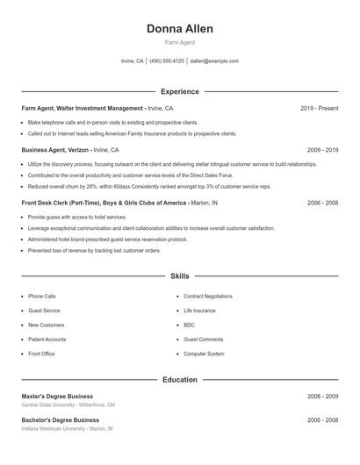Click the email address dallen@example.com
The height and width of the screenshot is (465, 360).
214,61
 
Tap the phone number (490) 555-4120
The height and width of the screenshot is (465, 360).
167,61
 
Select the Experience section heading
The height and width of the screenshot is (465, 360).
180,91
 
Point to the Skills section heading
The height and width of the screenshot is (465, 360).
180,276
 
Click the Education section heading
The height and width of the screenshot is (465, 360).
180,380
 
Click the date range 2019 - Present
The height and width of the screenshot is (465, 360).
319,108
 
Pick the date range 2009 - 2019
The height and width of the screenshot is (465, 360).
322,150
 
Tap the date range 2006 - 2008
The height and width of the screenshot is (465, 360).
322,203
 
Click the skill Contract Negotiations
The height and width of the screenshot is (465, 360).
208,297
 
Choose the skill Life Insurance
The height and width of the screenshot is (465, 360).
199,311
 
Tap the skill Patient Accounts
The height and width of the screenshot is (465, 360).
47,340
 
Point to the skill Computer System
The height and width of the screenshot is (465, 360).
204,354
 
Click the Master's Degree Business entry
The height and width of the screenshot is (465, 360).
57,397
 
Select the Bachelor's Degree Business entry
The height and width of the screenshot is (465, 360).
60,420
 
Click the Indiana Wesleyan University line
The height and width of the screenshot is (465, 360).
68,429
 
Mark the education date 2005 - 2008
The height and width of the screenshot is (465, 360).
322,420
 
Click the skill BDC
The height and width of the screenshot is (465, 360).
189,325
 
